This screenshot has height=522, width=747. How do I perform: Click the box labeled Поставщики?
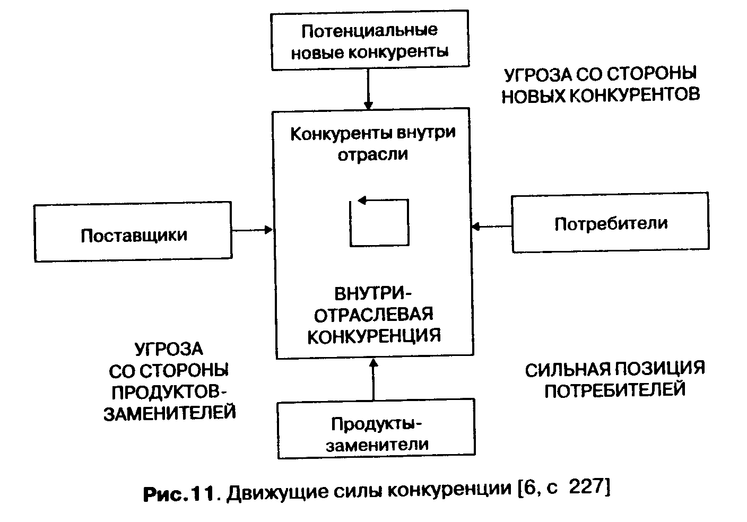(x=133, y=233)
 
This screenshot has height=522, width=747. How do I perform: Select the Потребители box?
(x=610, y=223)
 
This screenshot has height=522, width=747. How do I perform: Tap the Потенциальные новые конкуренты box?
(x=370, y=40)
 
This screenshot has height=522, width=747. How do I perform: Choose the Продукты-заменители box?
(x=376, y=430)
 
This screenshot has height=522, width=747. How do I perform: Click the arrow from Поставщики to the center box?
(x=251, y=230)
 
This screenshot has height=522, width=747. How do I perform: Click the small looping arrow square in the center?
(x=379, y=222)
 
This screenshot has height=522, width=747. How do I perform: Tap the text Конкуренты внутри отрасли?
(x=373, y=143)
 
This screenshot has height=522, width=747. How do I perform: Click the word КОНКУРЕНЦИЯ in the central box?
(x=374, y=336)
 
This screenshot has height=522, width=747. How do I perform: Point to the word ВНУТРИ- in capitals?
(x=373, y=293)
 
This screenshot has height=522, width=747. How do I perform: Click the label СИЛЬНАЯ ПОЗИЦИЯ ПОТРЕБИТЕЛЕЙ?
(x=615, y=379)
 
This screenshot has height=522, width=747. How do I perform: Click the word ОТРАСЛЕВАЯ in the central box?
(x=373, y=315)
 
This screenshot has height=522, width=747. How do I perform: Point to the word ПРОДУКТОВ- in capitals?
(x=169, y=391)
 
